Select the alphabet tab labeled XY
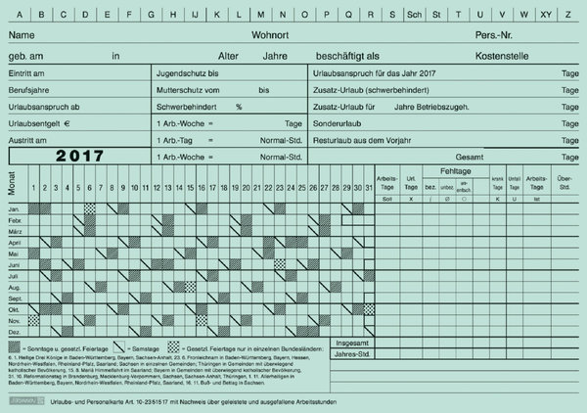click(x=546, y=15)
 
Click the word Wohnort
click(x=270, y=35)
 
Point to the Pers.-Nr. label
click(x=494, y=35)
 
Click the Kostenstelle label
click(x=502, y=56)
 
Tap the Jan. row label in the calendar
click(x=15, y=209)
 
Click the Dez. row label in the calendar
click(x=15, y=333)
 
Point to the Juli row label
click(x=15, y=277)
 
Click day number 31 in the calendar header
click(x=369, y=188)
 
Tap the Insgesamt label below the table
click(x=352, y=344)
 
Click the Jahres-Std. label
click(x=352, y=356)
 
